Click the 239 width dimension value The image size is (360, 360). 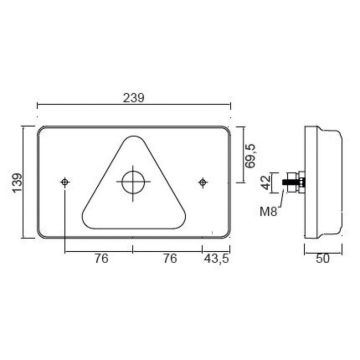(x=134, y=98)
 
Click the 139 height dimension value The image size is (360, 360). (x=18, y=182)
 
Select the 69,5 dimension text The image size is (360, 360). (x=250, y=155)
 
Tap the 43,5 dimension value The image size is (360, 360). (x=216, y=259)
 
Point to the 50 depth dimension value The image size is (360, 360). (x=323, y=259)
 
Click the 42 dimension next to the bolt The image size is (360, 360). (x=267, y=182)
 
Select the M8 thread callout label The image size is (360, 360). (x=268, y=212)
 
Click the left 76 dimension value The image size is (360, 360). (x=101, y=259)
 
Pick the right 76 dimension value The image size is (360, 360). (x=170, y=259)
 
